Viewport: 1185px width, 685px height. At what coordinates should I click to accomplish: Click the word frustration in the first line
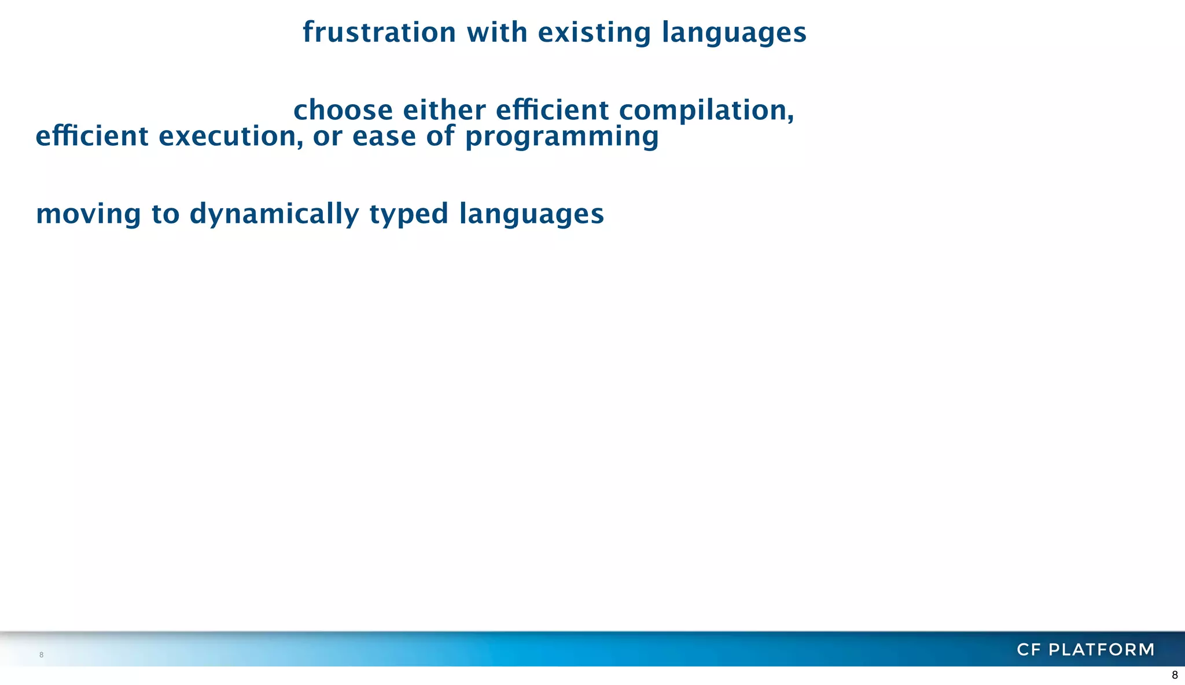379,32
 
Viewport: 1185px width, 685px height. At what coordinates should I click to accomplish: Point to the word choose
343,111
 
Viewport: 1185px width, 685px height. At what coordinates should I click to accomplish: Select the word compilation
706,111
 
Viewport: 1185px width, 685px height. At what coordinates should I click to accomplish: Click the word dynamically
274,214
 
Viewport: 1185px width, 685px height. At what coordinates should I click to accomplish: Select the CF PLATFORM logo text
1085,650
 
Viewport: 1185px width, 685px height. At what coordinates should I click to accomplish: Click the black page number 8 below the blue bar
1175,675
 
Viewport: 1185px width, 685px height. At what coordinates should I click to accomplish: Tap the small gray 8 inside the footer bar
41,655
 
